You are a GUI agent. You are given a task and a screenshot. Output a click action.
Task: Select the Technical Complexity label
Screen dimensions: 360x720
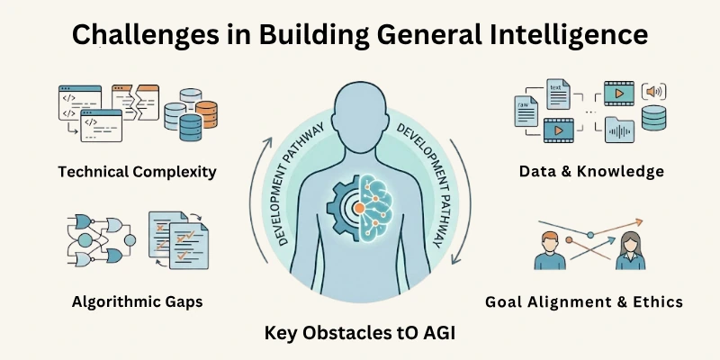coord(138,171)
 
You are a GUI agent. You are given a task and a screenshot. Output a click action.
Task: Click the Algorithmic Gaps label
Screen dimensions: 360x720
coord(137,301)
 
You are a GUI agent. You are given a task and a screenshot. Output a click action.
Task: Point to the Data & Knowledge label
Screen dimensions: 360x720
coord(591,171)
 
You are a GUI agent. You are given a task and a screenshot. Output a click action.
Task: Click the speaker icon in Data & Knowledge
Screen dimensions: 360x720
coord(652,93)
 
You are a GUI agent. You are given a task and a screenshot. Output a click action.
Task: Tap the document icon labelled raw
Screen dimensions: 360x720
coord(526,110)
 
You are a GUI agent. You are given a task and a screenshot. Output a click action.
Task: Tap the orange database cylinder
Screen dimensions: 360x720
coord(206,111)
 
